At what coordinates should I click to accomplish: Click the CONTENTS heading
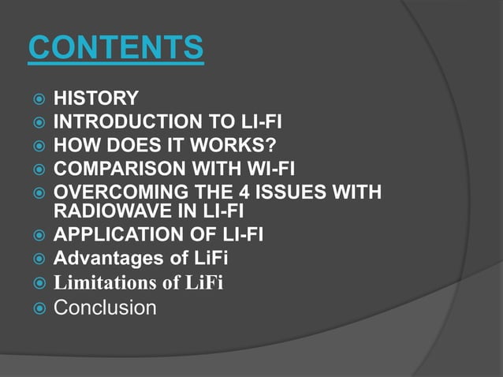click(x=116, y=49)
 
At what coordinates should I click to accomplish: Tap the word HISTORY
click(x=95, y=99)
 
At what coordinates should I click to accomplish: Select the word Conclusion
click(x=104, y=308)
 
